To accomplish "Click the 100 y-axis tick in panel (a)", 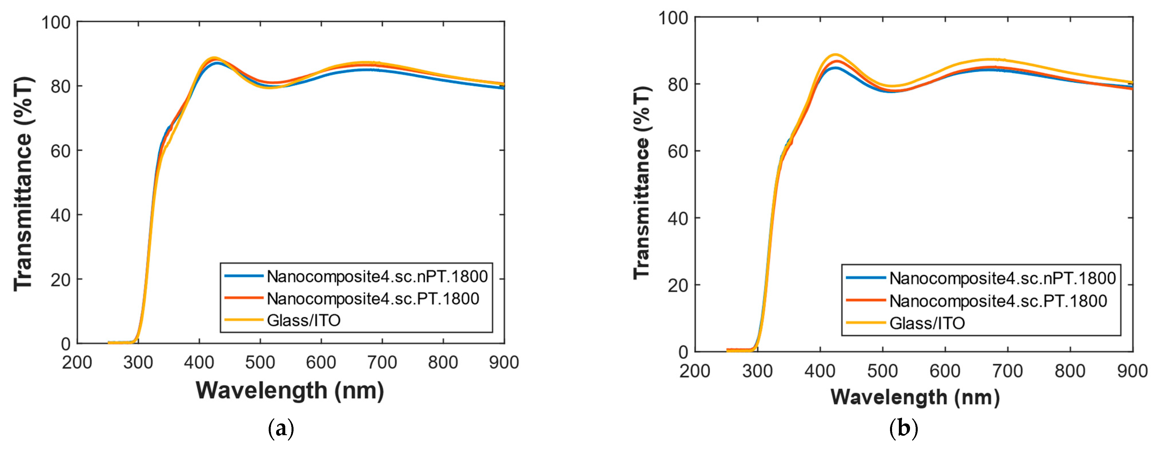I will [56, 22].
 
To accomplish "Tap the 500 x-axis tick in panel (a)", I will [260, 362].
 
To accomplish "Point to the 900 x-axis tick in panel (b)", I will [1132, 371].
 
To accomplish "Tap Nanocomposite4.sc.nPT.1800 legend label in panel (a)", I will [377, 276].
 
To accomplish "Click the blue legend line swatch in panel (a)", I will [244, 276].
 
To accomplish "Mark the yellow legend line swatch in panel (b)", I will [865, 323].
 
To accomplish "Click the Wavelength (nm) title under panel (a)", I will [290, 390].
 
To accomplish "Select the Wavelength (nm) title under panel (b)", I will [915, 397].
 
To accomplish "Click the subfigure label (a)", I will [281, 428].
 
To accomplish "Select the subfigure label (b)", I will [903, 428].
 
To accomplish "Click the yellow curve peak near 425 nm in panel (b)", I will [835, 55].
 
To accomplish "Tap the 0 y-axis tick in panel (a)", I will [66, 344].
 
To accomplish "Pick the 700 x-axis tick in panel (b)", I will [1007, 371].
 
